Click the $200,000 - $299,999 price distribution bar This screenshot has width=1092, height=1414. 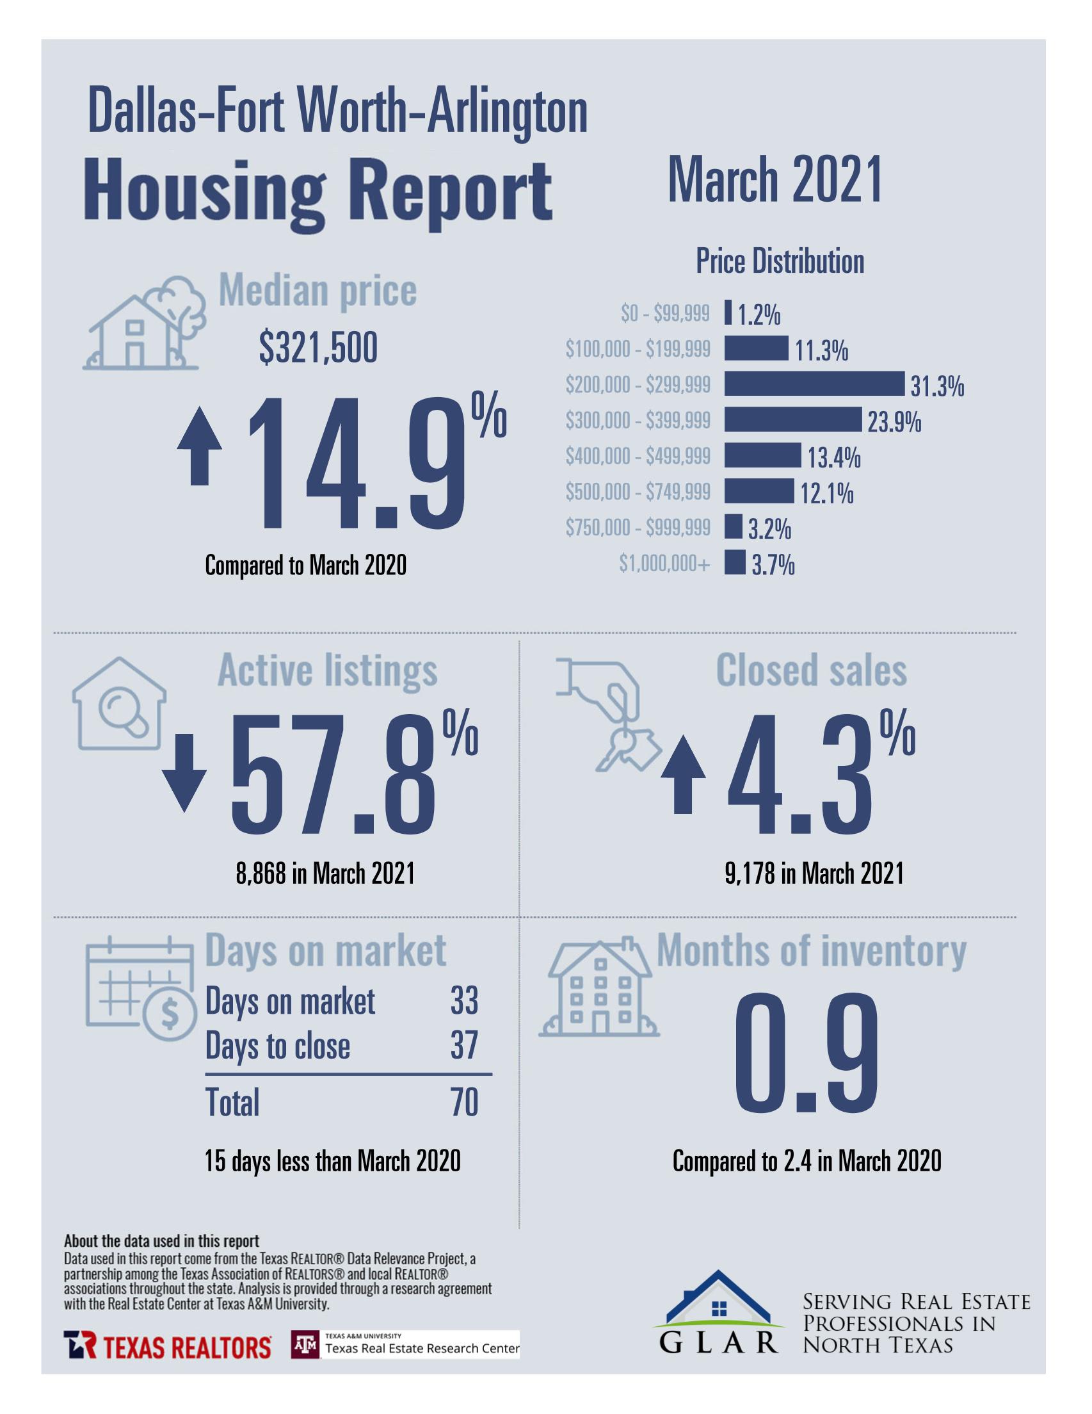[x=813, y=384]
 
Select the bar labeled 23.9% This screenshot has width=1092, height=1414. [x=792, y=419]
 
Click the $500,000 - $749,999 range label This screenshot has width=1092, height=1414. [x=638, y=492]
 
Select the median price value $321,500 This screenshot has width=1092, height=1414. [x=318, y=349]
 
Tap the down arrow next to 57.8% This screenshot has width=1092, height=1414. [x=184, y=772]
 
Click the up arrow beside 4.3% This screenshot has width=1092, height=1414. [x=682, y=775]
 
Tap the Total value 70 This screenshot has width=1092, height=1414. [x=464, y=1103]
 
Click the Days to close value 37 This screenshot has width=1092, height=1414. [x=464, y=1046]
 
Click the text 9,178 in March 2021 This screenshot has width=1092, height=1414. [x=814, y=874]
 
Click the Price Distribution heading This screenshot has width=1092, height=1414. [x=780, y=261]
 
